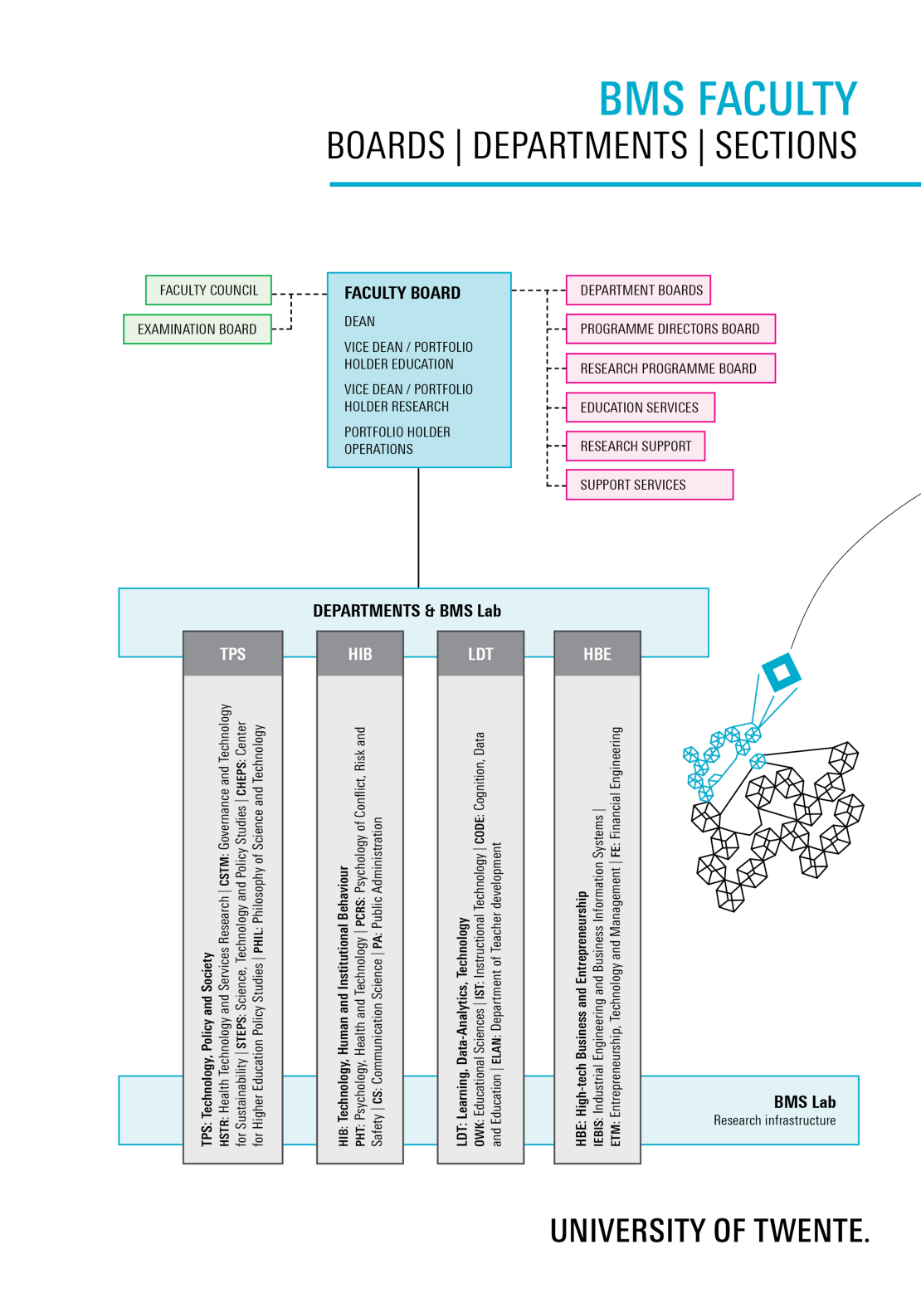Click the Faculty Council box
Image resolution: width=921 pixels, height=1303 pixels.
tap(208, 290)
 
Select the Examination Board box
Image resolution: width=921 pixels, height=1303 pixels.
tap(197, 329)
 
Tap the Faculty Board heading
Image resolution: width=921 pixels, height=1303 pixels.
tap(402, 293)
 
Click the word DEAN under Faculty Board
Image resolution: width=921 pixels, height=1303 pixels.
tap(359, 321)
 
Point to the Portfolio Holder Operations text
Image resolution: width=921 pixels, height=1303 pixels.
tap(397, 441)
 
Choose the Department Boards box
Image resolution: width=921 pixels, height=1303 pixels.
tap(638, 290)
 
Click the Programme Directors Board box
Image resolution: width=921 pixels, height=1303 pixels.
tap(670, 329)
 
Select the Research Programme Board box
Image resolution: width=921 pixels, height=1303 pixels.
tap(670, 368)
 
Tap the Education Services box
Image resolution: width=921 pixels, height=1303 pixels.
tap(641, 407)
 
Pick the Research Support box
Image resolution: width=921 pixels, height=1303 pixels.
tap(636, 446)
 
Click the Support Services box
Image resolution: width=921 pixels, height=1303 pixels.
tap(650, 484)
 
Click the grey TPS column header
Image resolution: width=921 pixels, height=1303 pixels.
tap(232, 653)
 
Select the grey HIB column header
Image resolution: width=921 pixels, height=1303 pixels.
tap(360, 653)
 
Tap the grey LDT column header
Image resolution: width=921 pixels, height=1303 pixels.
tap(480, 653)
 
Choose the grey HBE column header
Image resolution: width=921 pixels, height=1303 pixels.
tap(597, 653)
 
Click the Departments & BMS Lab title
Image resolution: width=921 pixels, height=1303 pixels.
tap(407, 611)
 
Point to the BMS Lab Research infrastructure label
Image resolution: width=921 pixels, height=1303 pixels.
tap(775, 1110)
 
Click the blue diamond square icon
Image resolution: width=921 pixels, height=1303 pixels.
tap(782, 672)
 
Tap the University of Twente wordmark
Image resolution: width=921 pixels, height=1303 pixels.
tap(709, 1230)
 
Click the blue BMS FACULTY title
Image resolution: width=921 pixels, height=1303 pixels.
tap(728, 99)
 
